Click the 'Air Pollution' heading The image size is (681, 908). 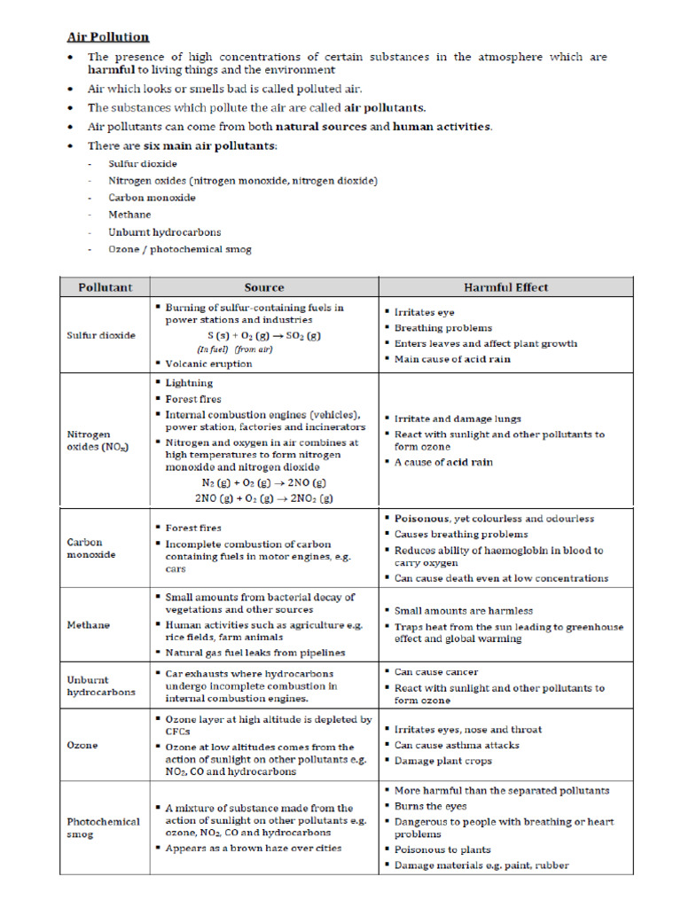(108, 36)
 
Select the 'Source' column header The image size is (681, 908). (264, 287)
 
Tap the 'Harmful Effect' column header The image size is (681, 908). (505, 287)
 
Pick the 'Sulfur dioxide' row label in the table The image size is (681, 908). (101, 336)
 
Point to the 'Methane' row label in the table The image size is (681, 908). (89, 624)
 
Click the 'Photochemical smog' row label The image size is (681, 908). (103, 828)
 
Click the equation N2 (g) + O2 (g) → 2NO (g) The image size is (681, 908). (263, 483)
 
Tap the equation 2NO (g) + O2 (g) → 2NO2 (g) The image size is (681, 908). (263, 498)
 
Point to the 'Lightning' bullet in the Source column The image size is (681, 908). (189, 383)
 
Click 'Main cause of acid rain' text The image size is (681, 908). (452, 359)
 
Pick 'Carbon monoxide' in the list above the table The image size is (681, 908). (152, 198)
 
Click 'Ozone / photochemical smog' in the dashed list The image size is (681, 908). (179, 249)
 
